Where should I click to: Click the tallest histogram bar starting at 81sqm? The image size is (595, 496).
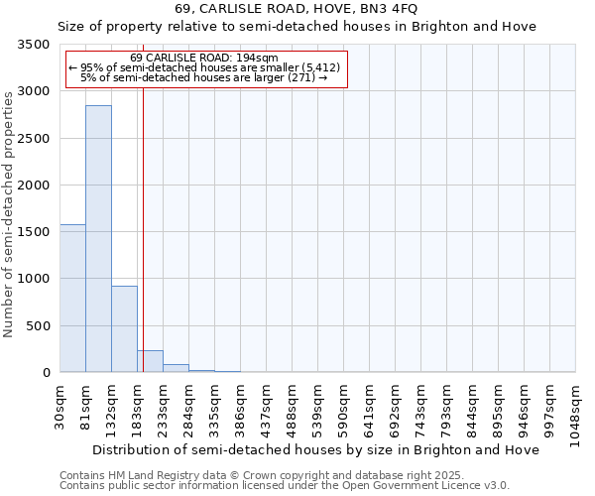tap(98, 238)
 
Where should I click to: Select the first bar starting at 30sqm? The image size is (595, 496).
tap(72, 298)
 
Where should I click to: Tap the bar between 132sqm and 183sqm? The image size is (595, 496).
tap(124, 328)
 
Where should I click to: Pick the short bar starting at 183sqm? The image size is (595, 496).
tap(150, 361)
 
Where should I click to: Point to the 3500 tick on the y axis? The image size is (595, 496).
tap(34, 46)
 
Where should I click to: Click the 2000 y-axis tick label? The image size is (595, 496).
tap(34, 186)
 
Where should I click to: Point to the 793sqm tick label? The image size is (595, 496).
tap(447, 408)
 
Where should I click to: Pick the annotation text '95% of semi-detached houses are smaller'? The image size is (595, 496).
tap(204, 67)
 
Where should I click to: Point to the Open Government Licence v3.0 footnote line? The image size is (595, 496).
tap(285, 486)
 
